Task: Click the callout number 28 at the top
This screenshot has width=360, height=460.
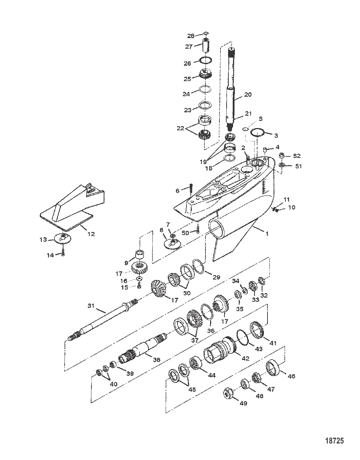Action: point(190,36)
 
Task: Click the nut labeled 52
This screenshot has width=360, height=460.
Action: point(282,156)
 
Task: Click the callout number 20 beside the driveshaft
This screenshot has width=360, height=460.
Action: point(248,95)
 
